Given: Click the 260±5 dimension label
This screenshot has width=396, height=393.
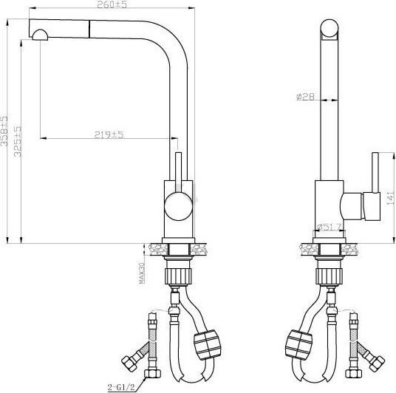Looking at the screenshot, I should [x=111, y=6].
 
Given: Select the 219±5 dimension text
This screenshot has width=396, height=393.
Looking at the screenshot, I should [x=108, y=134].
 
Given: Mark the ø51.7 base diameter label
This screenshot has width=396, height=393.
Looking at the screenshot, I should [x=329, y=227].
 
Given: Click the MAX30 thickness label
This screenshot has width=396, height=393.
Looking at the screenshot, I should [x=143, y=273].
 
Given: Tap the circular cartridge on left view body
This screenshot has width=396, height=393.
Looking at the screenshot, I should [x=177, y=205].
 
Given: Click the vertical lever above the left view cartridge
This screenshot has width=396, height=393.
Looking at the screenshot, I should [x=177, y=171].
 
